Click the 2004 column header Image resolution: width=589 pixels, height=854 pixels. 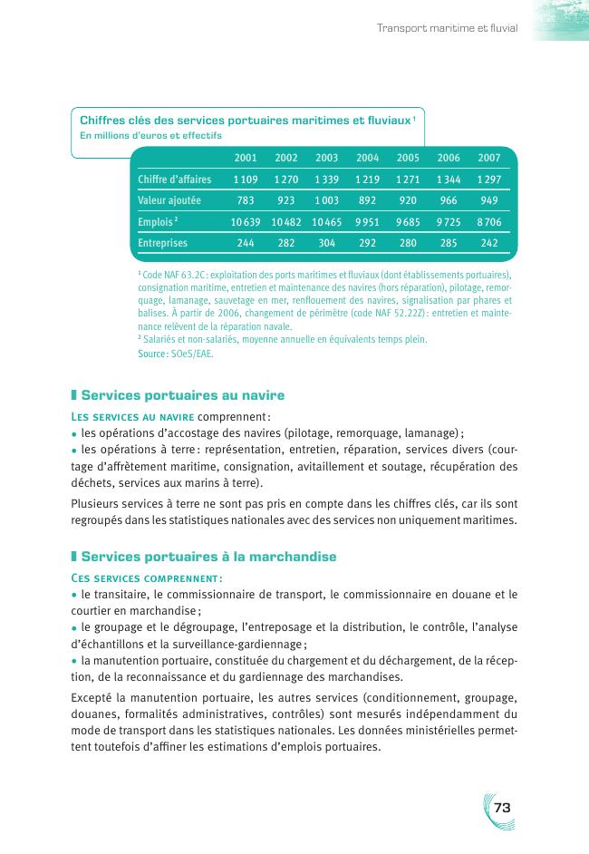(x=367, y=158)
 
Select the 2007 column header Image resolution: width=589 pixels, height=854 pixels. (x=489, y=158)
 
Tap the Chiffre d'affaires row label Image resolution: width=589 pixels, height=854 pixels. (x=175, y=180)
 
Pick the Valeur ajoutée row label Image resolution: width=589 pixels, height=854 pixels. (x=169, y=200)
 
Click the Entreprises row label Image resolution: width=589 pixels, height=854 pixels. (x=163, y=243)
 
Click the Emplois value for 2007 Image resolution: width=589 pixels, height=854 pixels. (x=489, y=222)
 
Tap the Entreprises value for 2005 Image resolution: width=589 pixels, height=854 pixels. (x=408, y=243)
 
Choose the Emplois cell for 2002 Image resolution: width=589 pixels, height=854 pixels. (x=285, y=222)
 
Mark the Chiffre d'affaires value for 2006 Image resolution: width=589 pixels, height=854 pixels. (x=449, y=180)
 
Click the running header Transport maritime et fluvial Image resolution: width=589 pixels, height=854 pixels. (x=447, y=28)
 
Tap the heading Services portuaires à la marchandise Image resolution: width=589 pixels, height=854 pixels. (x=209, y=555)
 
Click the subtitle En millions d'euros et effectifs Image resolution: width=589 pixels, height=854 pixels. (x=150, y=136)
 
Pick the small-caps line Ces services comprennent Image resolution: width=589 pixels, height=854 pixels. (x=147, y=577)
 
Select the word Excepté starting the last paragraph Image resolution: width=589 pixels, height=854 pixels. (x=92, y=698)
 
